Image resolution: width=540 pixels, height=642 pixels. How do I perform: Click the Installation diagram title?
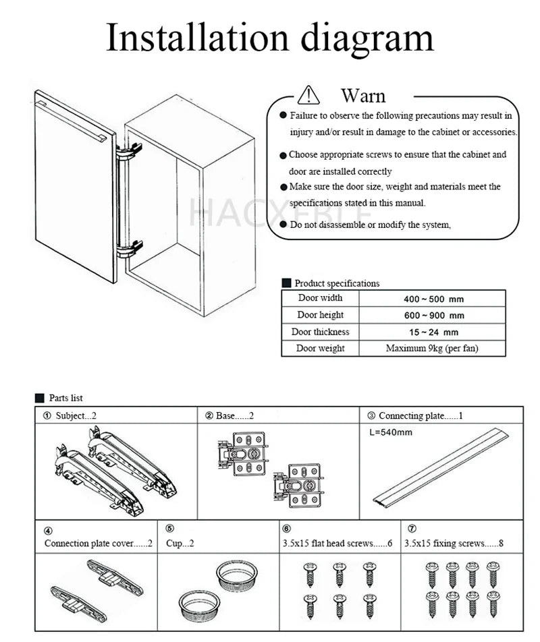click(x=269, y=38)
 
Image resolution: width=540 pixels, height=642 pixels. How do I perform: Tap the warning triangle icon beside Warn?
click(x=308, y=95)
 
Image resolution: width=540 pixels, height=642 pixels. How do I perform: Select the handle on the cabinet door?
click(x=72, y=121)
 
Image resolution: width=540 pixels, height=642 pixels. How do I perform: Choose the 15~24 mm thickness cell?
click(x=433, y=332)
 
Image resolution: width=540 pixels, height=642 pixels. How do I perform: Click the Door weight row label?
click(x=321, y=349)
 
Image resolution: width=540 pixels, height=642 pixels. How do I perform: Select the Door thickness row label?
click(x=321, y=332)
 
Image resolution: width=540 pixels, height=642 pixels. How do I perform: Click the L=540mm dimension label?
click(x=391, y=432)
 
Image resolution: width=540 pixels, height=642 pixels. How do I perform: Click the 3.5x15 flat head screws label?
click(x=337, y=543)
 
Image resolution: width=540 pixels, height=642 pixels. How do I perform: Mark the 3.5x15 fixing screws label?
click(x=454, y=543)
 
